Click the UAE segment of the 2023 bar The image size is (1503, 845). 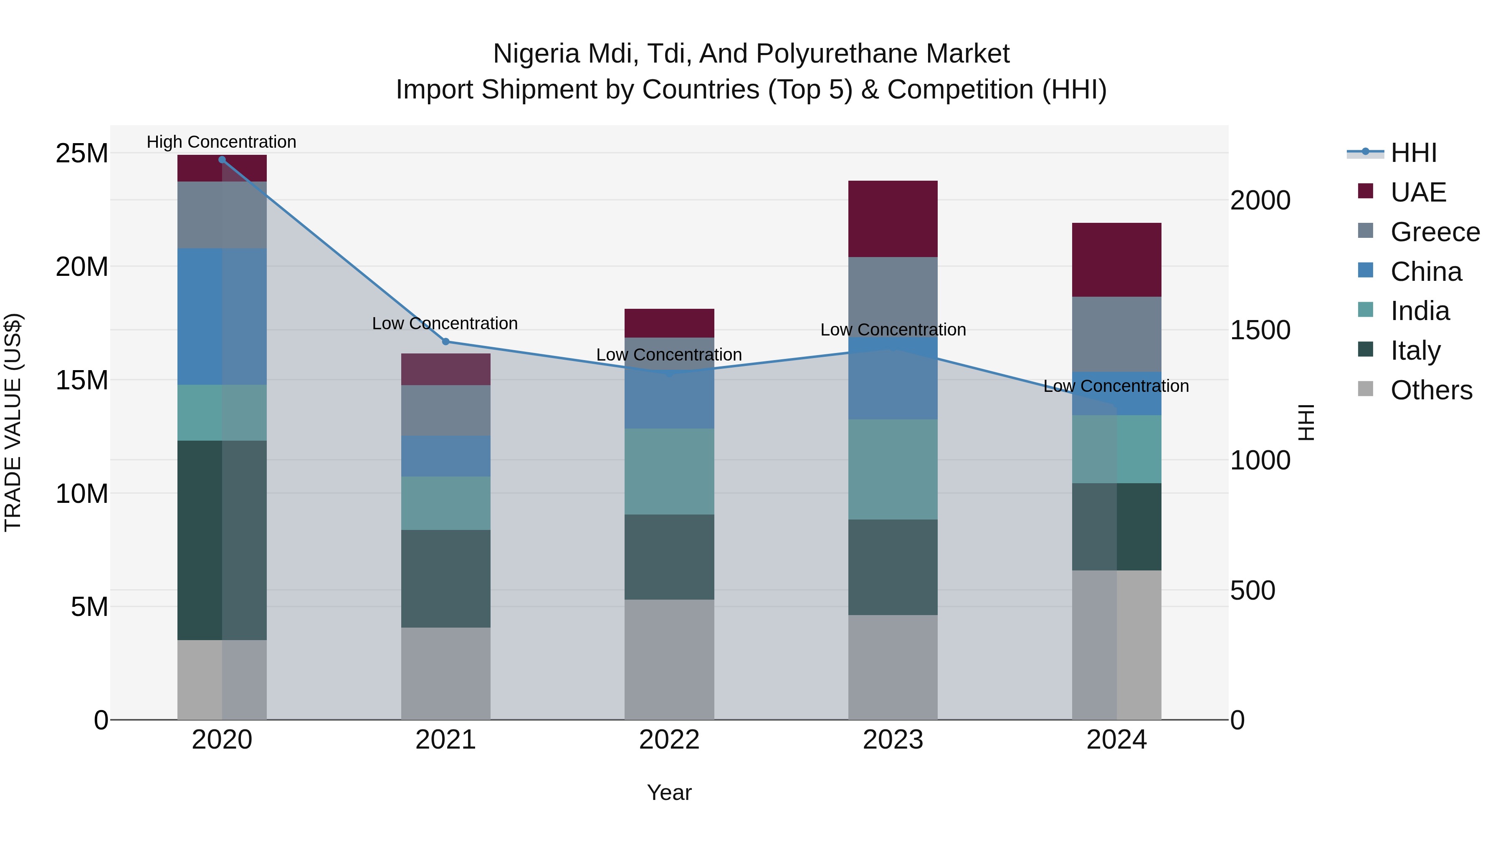893,219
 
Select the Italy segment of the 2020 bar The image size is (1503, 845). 222,540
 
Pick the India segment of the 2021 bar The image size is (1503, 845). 446,503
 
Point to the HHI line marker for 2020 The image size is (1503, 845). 222,160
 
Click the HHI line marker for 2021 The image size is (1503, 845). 446,342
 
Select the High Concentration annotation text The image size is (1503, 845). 221,142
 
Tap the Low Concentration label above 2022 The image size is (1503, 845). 669,355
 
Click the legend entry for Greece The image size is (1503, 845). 1435,232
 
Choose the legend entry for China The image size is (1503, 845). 1426,272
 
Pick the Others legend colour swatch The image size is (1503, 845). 1365,389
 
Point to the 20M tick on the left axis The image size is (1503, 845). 82,267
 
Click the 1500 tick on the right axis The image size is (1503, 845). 1260,330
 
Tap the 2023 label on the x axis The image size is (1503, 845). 893,740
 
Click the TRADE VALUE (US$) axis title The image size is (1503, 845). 13,422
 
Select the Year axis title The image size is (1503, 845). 669,792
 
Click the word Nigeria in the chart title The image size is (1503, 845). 537,54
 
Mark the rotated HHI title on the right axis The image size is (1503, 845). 1306,422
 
